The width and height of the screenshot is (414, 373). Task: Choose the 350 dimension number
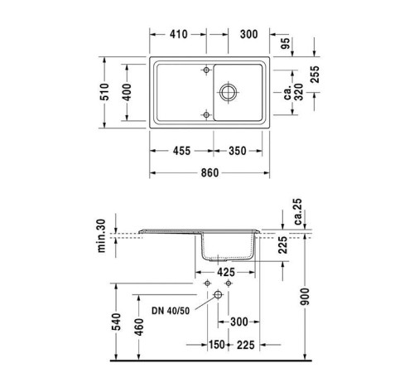238,151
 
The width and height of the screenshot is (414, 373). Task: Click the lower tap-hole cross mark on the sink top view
204,114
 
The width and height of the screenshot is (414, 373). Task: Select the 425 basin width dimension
224,271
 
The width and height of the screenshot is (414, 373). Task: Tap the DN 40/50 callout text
173,312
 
